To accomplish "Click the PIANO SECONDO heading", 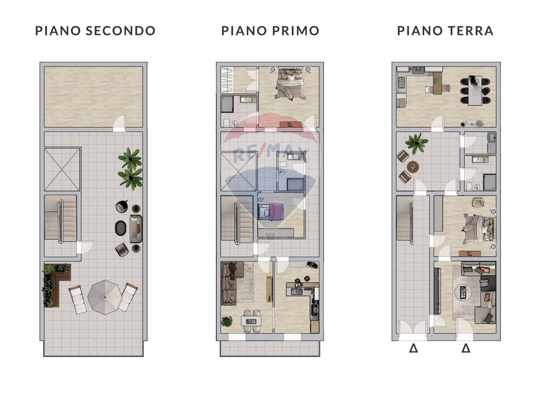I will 95,31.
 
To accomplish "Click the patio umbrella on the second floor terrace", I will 105,297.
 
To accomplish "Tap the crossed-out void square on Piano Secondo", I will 62,169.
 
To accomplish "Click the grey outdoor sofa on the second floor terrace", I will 136,228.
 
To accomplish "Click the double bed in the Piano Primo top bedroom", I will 290,84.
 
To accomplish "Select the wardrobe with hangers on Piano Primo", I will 227,80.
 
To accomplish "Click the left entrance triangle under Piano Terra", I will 413,348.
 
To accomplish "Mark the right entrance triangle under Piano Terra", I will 466,348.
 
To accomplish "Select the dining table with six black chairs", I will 475,91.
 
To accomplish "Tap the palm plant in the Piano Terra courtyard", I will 416,143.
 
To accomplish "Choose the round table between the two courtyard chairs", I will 413,167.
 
